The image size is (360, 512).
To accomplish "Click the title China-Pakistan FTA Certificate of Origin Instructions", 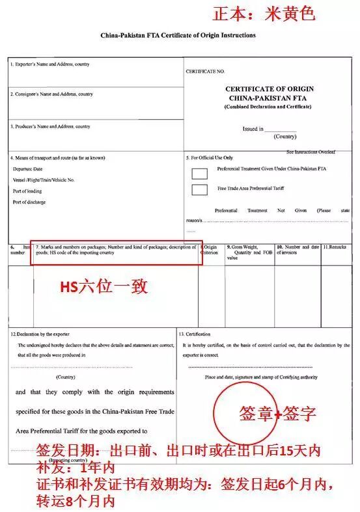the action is tap(178, 34).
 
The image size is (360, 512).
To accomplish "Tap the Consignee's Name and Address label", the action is tap(51, 94).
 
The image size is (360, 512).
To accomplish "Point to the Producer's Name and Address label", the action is tap(50, 126).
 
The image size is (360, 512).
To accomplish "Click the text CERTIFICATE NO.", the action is tap(205, 70).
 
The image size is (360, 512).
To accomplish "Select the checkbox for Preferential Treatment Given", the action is tap(200, 173).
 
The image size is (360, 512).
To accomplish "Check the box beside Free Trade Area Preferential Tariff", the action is tap(200, 189).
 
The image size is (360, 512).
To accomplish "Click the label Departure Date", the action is tap(27, 168).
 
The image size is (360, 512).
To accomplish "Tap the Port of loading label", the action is tap(27, 191).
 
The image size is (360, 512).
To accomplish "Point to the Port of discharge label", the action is tap(29, 202).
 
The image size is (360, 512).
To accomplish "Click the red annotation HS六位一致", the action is tap(104, 287).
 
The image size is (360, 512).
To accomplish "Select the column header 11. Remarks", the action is tap(336, 247).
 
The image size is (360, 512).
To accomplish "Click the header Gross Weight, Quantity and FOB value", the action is tap(249, 252).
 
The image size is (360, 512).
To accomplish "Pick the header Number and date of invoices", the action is tap(298, 250).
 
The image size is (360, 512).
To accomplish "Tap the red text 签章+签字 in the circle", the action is tap(278, 414).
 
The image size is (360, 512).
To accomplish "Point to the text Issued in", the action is tap(253, 129).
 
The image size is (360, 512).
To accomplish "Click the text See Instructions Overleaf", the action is tap(311, 152).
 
